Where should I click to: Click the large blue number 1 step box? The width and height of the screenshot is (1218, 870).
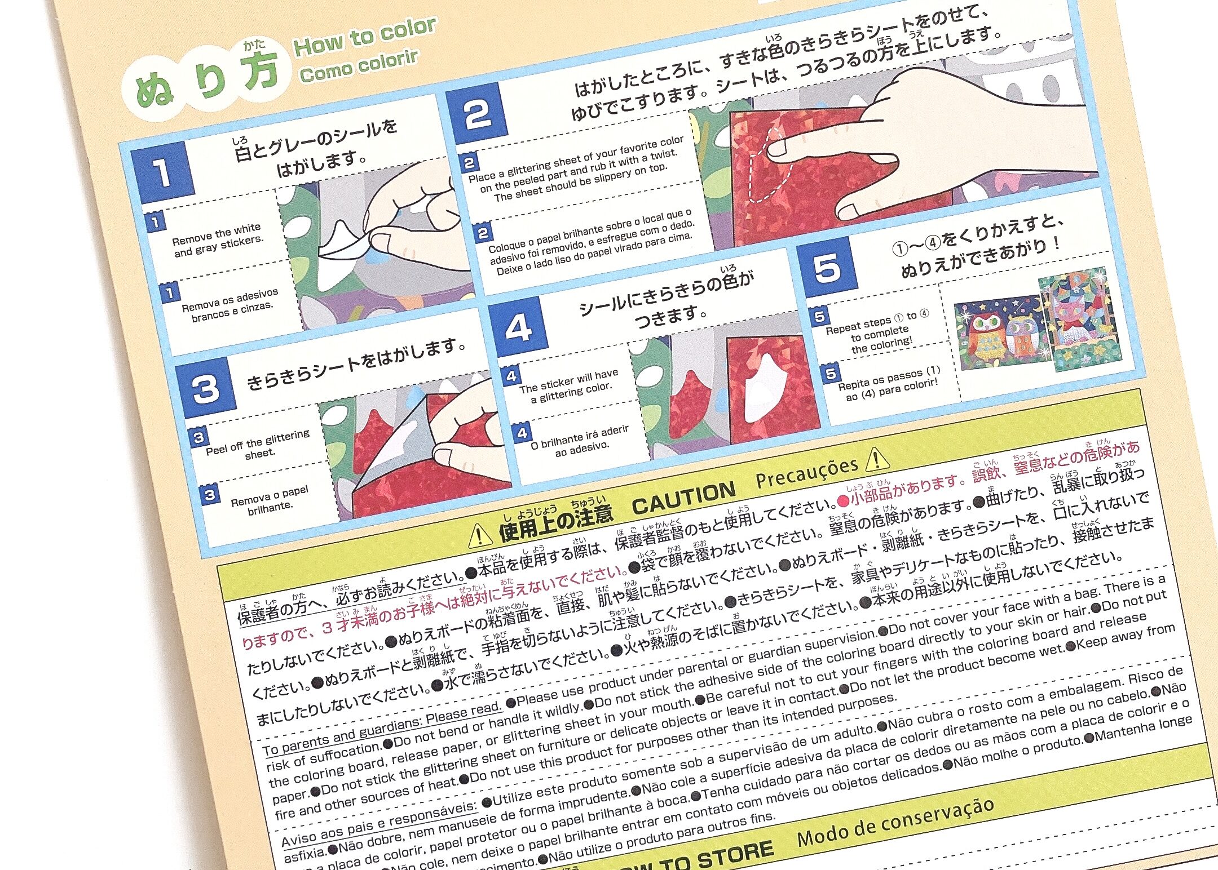tap(162, 172)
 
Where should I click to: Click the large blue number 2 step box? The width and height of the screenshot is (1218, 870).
tap(476, 113)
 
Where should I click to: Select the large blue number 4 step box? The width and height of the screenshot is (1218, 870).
tap(518, 327)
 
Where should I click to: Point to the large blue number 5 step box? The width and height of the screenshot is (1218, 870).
tap(827, 268)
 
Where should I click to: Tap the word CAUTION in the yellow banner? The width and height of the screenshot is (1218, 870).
tap(683, 498)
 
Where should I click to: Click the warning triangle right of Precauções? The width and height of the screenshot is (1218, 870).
tap(877, 459)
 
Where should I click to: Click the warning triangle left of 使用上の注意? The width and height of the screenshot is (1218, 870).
tap(480, 535)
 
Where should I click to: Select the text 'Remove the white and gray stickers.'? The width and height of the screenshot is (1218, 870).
tap(218, 240)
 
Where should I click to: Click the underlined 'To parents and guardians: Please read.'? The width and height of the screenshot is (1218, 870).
tap(381, 727)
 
